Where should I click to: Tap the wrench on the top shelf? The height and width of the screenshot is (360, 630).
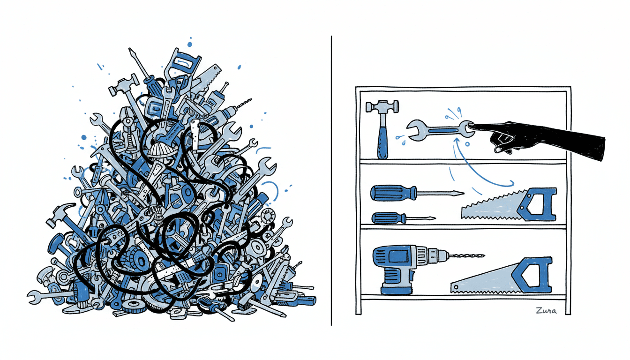coord(439,129)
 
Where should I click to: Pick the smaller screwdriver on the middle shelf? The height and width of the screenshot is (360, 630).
coord(401,217)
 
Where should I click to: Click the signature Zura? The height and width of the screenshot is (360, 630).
coord(547,310)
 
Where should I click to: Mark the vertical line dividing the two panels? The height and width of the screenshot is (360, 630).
coord(331,187)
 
